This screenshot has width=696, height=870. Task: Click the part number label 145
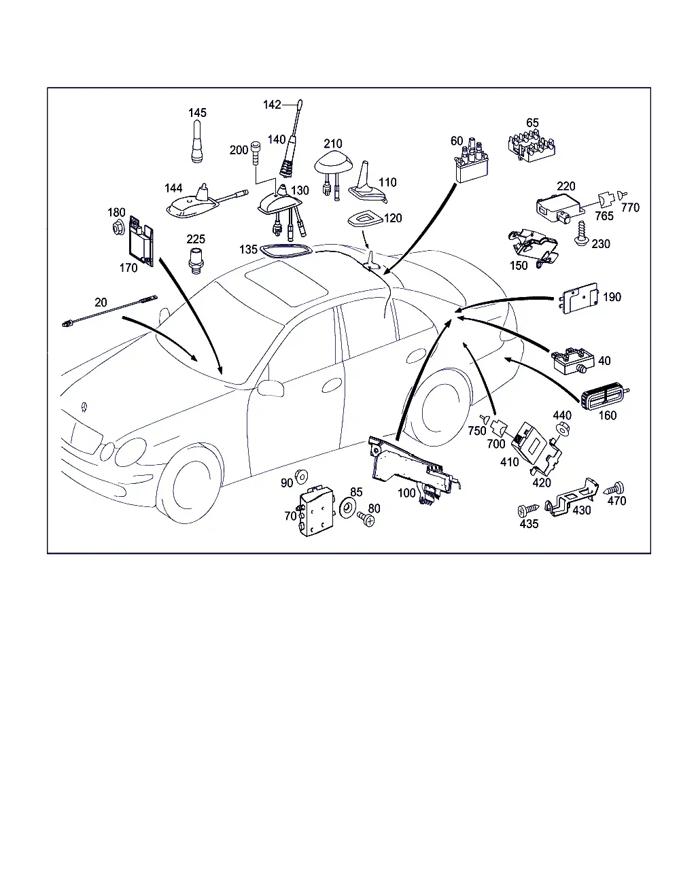tap(197, 112)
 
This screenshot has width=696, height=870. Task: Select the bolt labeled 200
tap(256, 152)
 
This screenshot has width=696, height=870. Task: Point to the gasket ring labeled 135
tap(286, 251)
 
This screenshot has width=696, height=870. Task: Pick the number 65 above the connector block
tap(532, 122)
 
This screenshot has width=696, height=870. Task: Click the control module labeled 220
tap(560, 209)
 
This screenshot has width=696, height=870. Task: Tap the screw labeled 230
tap(581, 234)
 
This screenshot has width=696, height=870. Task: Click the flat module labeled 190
tap(580, 298)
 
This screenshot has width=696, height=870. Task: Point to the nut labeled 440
tap(561, 429)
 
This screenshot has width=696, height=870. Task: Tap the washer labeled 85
tap(347, 508)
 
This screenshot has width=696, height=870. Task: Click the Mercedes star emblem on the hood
tap(84, 406)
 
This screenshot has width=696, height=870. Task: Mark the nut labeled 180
tap(118, 228)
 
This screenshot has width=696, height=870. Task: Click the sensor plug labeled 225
tap(196, 260)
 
